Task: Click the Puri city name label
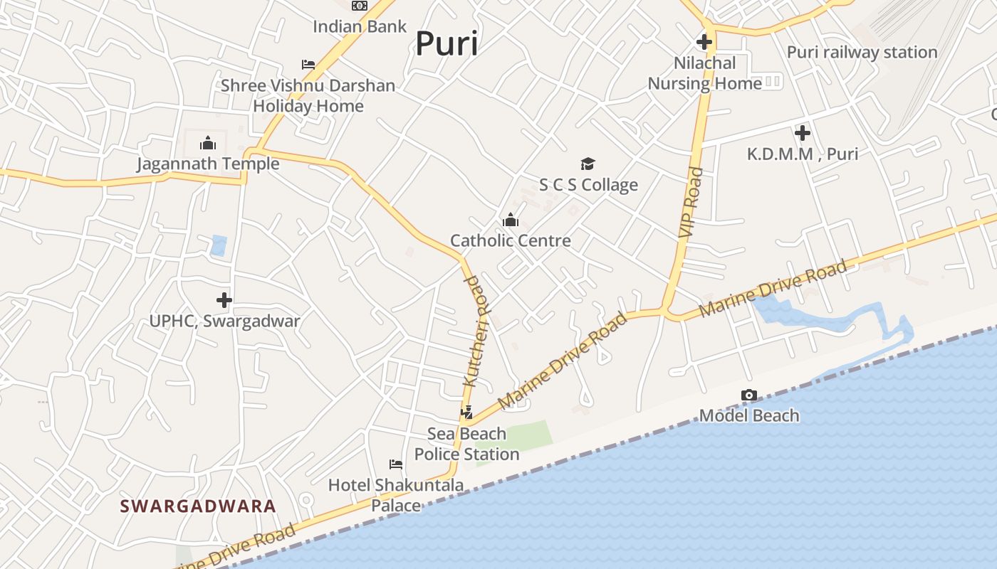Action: [447, 43]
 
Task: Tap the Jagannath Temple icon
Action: [208, 143]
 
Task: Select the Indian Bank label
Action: [360, 27]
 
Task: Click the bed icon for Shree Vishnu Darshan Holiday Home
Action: [308, 64]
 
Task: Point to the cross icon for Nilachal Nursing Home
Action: [704, 42]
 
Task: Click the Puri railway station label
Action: [862, 53]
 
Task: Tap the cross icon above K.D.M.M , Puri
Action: [803, 133]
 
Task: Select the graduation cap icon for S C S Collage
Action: [588, 164]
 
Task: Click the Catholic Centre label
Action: [511, 240]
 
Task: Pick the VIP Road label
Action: [690, 202]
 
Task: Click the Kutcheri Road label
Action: [478, 331]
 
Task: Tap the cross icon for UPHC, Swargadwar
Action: [224, 300]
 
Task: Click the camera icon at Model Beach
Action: [748, 395]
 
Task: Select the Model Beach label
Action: [749, 415]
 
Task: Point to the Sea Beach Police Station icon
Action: [466, 412]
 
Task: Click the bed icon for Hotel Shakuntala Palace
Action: [396, 464]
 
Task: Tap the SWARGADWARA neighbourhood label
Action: [198, 506]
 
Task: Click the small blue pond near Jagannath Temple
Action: [219, 245]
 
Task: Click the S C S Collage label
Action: [588, 185]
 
